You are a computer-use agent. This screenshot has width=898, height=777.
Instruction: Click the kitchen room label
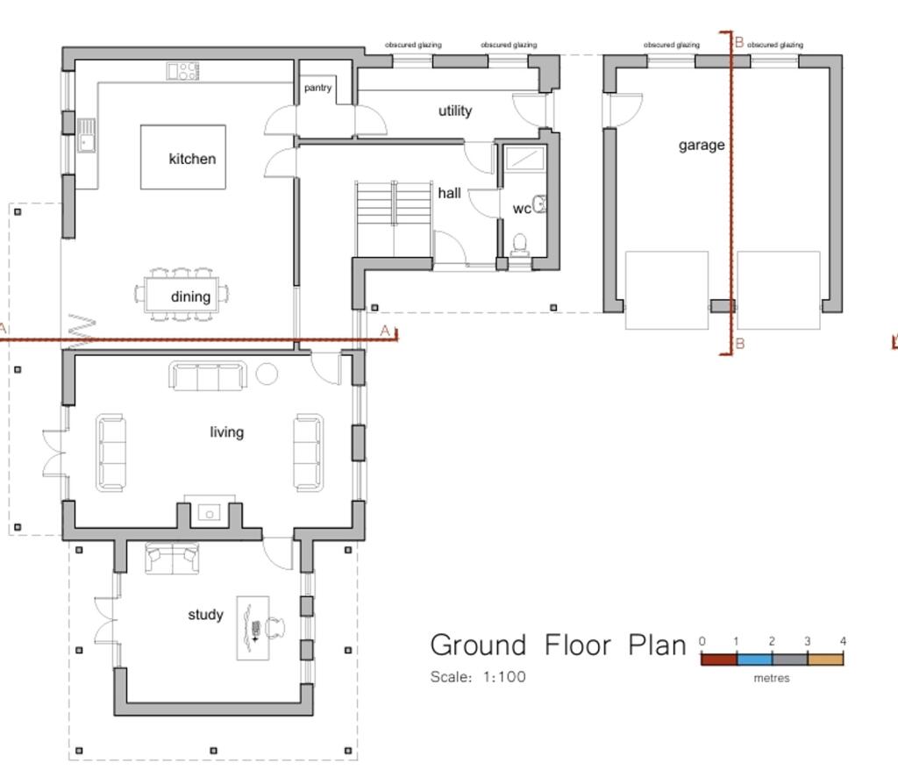tap(192, 159)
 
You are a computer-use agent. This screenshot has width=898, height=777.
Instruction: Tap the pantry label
tap(317, 88)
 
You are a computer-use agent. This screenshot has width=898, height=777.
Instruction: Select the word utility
tap(455, 110)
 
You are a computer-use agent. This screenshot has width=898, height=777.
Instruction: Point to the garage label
tap(702, 145)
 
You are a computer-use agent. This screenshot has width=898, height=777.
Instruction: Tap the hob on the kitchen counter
tap(183, 71)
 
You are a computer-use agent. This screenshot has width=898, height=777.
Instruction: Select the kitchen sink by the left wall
tap(87, 136)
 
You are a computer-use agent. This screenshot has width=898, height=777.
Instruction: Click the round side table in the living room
tap(267, 374)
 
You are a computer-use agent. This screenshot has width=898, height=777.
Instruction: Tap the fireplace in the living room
tap(209, 511)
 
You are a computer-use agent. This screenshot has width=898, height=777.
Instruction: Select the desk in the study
tap(252, 629)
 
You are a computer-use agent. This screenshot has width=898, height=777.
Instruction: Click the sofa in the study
tap(172, 558)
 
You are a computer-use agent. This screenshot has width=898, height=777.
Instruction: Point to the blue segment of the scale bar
tap(754, 659)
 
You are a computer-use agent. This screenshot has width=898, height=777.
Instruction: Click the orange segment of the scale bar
tap(825, 659)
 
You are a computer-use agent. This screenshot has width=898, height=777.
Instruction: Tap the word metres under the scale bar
tap(772, 678)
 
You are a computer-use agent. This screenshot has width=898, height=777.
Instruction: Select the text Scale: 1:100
tap(478, 677)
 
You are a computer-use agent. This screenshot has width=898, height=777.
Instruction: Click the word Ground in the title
tap(478, 645)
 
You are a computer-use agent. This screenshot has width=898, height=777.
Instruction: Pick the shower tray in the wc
tap(524, 159)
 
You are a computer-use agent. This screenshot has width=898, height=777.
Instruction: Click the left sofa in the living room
tap(111, 452)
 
